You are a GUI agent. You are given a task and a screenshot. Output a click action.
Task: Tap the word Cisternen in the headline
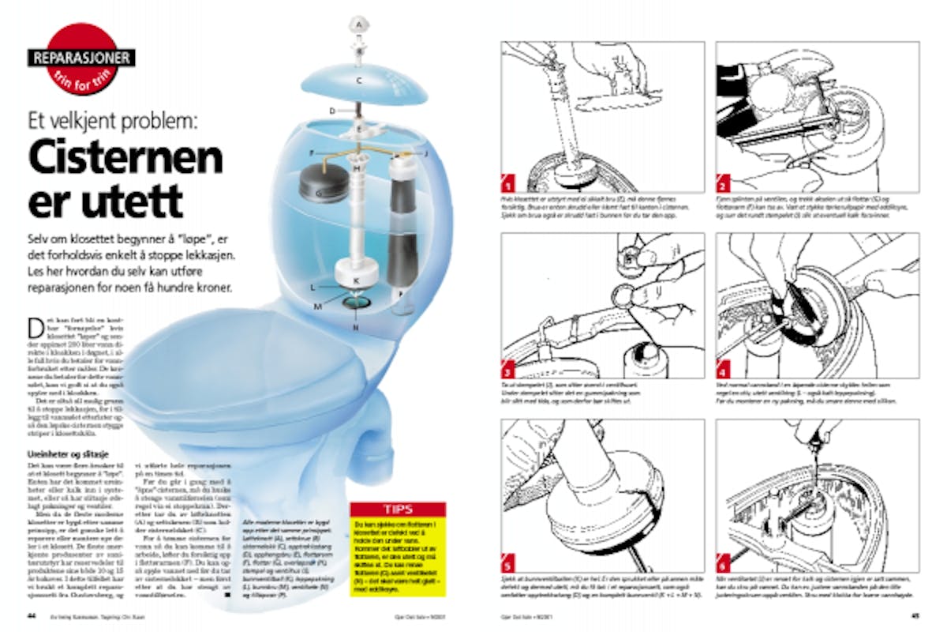click(125, 160)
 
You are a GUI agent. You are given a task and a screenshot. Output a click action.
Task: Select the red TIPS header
click(397, 510)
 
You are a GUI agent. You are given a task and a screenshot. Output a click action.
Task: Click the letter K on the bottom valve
click(357, 280)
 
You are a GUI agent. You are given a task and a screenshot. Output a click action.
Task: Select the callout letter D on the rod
click(333, 111)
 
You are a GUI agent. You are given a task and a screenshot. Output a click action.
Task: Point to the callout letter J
click(425, 152)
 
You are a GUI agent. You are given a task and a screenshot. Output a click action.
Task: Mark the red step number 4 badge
click(723, 369)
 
